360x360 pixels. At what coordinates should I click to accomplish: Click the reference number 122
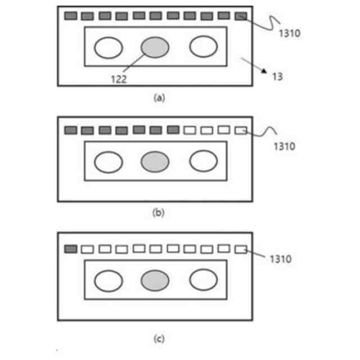click(x=119, y=79)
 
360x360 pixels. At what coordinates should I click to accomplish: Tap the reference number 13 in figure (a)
click(x=276, y=76)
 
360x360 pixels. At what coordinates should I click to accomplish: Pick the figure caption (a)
click(x=159, y=97)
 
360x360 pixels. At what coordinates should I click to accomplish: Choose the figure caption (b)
click(x=158, y=213)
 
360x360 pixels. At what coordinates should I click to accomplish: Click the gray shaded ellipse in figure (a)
click(x=155, y=47)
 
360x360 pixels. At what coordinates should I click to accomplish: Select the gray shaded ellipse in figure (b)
click(x=155, y=162)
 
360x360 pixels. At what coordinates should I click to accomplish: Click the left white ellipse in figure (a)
click(x=108, y=47)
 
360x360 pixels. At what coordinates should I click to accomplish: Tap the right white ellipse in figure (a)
click(x=203, y=47)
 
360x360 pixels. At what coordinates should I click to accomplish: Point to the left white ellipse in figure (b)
click(x=108, y=162)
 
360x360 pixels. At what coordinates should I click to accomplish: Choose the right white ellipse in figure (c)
click(x=203, y=280)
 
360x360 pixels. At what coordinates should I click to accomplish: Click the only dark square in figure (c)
click(x=70, y=249)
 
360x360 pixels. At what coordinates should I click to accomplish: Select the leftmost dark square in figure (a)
click(x=70, y=16)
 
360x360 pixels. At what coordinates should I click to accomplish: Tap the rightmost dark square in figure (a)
click(x=241, y=16)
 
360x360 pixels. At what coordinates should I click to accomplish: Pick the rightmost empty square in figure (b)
click(x=241, y=130)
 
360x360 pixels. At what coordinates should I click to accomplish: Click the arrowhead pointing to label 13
click(x=263, y=71)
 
